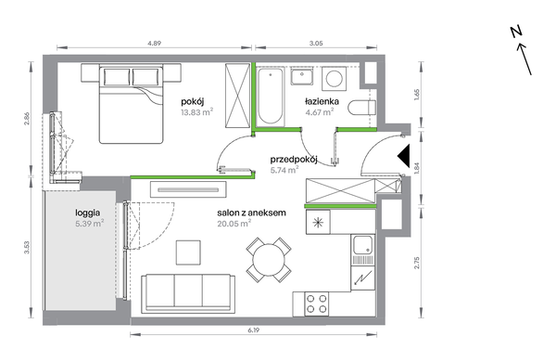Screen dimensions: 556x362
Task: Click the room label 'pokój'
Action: (x=192, y=102)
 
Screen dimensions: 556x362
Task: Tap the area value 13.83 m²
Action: (x=196, y=112)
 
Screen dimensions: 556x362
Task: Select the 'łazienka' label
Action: (x=322, y=101)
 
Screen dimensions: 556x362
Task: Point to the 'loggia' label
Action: (x=88, y=213)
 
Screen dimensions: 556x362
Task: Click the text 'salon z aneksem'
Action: (x=251, y=213)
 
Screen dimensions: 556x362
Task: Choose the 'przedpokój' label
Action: (x=294, y=160)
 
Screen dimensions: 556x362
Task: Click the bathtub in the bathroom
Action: (x=271, y=97)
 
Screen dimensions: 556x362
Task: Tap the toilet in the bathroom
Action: (x=362, y=108)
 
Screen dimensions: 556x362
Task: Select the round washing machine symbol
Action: (x=334, y=79)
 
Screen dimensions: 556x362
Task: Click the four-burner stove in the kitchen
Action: (x=317, y=304)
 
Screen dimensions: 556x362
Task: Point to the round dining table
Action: (x=269, y=260)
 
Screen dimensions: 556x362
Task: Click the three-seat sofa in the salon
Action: (x=188, y=293)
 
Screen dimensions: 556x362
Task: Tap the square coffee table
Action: (x=188, y=252)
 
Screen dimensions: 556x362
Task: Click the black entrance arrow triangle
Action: (x=403, y=156)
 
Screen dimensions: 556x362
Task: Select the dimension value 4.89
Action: (x=154, y=44)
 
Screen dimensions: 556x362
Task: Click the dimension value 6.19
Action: (x=254, y=330)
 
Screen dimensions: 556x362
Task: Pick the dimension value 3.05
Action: (x=316, y=44)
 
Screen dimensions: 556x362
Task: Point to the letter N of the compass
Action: (x=517, y=32)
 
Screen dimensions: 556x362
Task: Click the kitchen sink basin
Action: (x=362, y=245)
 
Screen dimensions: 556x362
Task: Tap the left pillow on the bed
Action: (x=117, y=77)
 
